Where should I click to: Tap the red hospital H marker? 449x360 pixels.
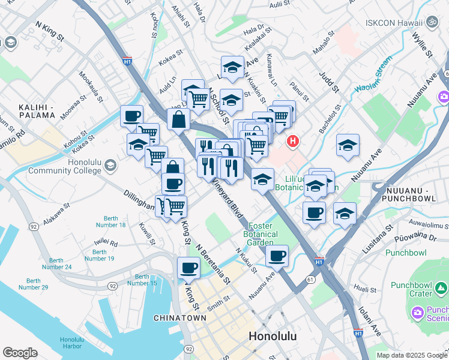tap(292, 142)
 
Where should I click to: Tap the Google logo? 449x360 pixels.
tap(20, 353)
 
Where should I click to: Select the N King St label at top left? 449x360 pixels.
tap(49, 32)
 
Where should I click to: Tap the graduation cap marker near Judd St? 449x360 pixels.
tap(348, 145)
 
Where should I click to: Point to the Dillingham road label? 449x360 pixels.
tap(139, 200)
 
